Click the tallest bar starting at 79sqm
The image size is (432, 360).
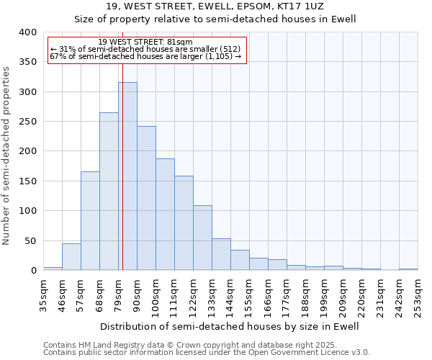(127, 176)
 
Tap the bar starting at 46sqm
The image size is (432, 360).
(71, 257)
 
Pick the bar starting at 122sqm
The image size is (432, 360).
(202, 238)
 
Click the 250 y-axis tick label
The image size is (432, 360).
(27, 122)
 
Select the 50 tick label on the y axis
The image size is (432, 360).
(30, 240)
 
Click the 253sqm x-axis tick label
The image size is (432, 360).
(418, 295)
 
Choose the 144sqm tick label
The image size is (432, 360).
(231, 295)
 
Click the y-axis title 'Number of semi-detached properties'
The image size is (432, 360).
(6, 156)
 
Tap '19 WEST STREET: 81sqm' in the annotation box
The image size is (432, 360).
(145, 42)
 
